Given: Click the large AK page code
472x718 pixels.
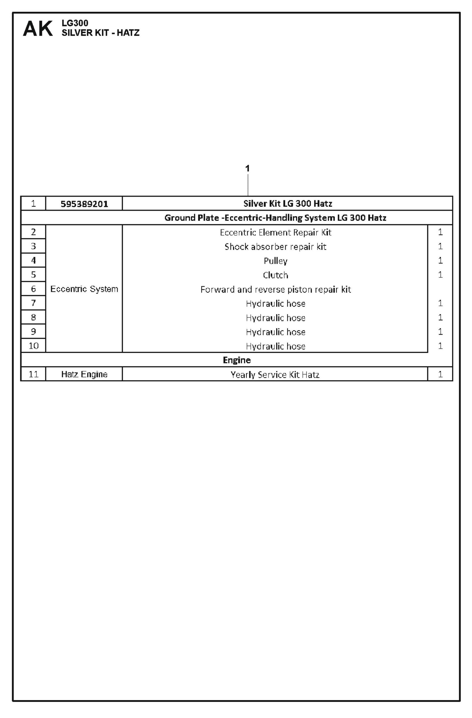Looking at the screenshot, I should pos(38,29).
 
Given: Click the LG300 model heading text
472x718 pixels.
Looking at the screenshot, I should pos(75,23).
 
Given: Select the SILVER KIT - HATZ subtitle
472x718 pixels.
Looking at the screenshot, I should pos(100,33).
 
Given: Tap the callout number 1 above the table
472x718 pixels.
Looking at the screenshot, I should pos(248,169).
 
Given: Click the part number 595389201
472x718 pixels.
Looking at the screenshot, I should pos(84,204).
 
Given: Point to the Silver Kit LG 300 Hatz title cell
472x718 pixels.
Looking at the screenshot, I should pos(287,204).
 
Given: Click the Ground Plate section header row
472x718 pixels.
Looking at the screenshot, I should pos(275,218).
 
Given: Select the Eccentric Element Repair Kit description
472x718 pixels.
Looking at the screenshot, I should pos(275,232).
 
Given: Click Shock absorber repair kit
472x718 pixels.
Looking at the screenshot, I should pos(275,247).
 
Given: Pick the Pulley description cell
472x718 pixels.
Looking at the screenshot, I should pos(275,261).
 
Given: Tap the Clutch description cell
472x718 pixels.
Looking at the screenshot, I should pos(275,275).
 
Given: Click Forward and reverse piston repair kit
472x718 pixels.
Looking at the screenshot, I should pos(275,290).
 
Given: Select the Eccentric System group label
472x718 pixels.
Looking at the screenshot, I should pos(84,289).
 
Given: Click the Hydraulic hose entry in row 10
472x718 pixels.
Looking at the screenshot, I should pos(275,346).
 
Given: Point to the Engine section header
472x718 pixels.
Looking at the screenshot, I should pos(237,360).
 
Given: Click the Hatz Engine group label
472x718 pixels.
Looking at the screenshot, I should pos(84,374).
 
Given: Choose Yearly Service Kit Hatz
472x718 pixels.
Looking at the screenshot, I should pos(275,375).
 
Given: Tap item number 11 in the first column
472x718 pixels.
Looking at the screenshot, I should pos(33,374).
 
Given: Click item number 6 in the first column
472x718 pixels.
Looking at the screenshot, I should pos(33,289).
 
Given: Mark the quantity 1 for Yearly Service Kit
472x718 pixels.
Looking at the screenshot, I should pos(440,374).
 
